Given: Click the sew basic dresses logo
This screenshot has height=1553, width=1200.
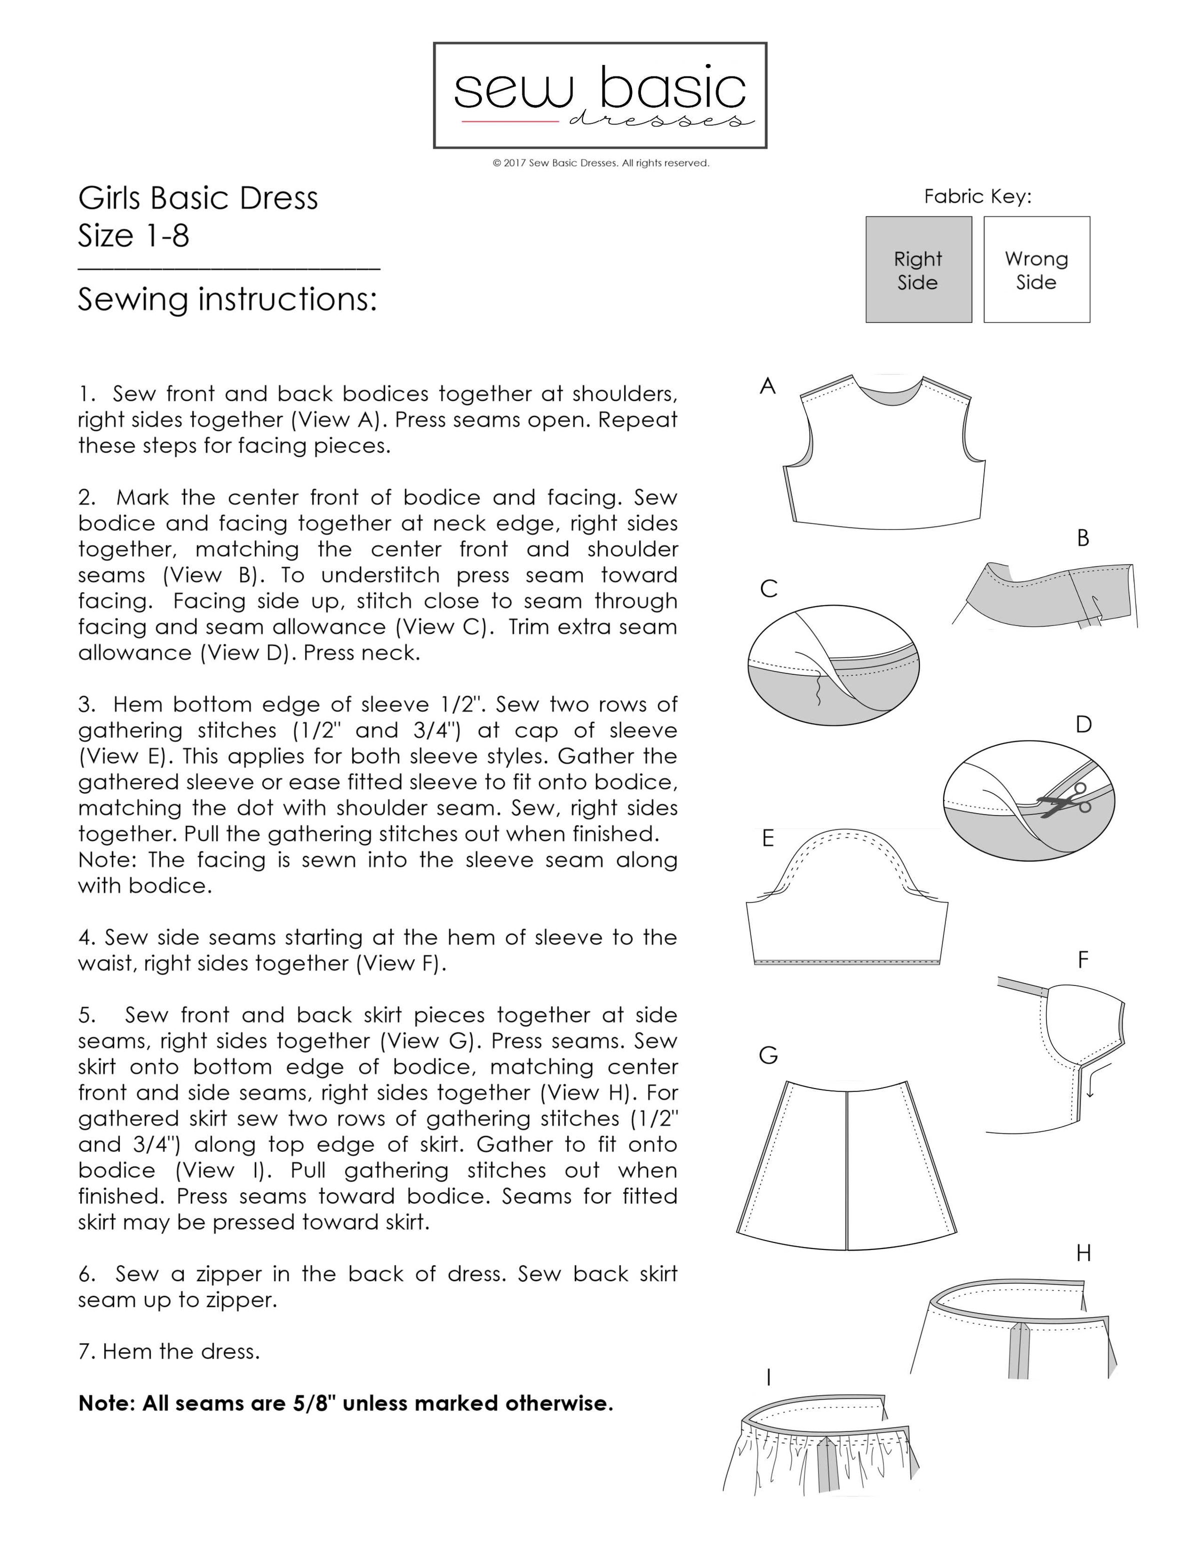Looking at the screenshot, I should point(600,95).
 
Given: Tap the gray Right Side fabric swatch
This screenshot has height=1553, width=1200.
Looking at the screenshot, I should point(918,269).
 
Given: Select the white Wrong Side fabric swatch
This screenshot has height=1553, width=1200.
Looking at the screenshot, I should point(1036,269).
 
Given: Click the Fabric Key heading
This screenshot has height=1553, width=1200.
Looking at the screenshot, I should point(977,196).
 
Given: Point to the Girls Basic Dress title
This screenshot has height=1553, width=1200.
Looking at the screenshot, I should point(197,198).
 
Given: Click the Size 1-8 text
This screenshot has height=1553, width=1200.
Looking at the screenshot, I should point(133,236).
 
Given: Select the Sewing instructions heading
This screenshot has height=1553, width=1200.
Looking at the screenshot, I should point(227,299).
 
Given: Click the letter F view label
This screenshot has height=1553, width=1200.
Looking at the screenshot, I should point(1082,960).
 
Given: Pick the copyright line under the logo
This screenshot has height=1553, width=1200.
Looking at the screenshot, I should point(600,163).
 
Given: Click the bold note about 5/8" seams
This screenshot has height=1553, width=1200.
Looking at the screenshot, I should point(345,1403).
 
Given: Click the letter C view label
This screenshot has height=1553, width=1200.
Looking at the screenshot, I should point(768,589).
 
